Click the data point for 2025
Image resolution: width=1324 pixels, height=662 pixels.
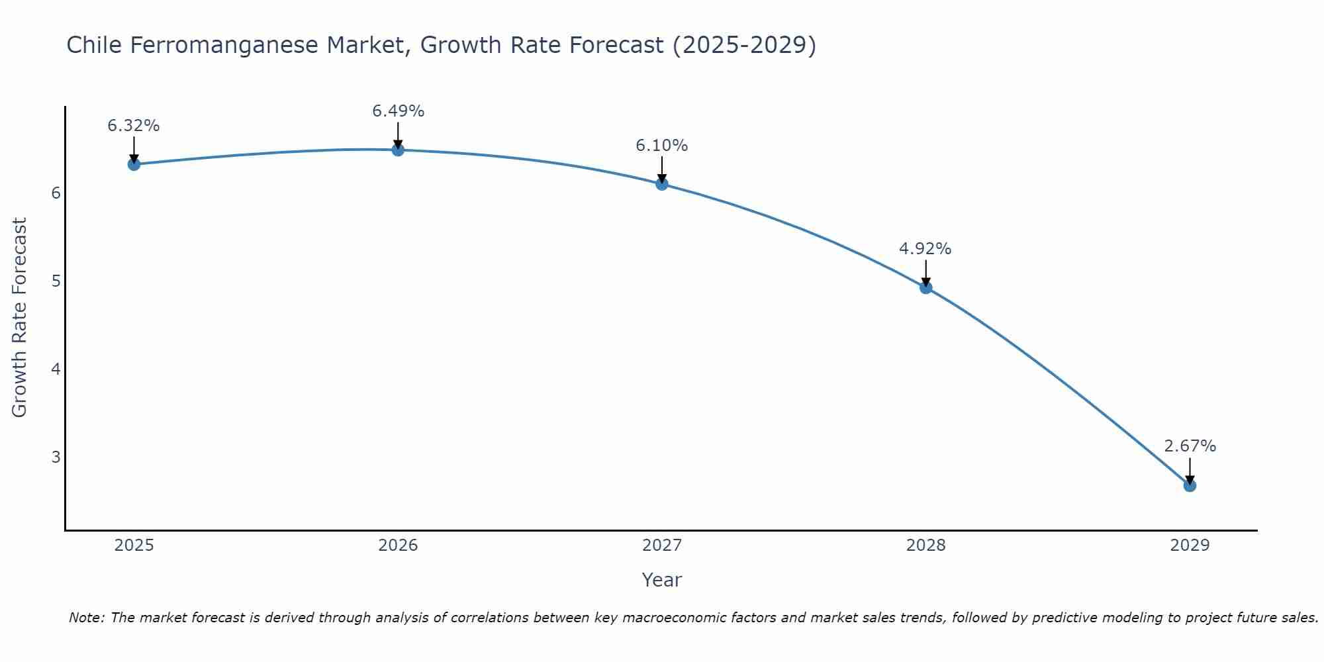pos(134,164)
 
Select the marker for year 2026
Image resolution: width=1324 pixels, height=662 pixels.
pos(398,150)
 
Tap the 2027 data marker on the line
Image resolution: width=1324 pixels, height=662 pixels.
pos(662,184)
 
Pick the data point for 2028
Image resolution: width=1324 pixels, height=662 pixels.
pos(926,287)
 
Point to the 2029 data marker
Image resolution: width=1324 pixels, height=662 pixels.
pos(1190,485)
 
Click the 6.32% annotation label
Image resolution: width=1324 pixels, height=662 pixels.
pos(134,126)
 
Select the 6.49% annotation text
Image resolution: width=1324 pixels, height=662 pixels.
pos(398,111)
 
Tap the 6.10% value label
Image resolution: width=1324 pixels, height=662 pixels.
pos(662,146)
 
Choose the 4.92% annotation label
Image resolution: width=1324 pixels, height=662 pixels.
pos(925,249)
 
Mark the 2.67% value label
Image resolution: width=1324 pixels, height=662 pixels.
pos(1190,446)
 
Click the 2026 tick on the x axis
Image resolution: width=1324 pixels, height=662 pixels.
pos(398,545)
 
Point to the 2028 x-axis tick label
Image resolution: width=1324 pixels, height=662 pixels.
pos(926,545)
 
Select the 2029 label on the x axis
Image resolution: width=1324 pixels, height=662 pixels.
pos(1190,545)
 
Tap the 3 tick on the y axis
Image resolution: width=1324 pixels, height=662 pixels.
pos(56,457)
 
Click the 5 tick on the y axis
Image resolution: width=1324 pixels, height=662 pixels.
pos(56,281)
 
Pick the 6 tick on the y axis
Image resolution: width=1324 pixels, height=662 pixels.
pos(56,193)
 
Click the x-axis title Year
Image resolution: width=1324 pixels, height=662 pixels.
pos(662,580)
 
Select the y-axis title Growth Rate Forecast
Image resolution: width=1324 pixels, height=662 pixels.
pos(20,318)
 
